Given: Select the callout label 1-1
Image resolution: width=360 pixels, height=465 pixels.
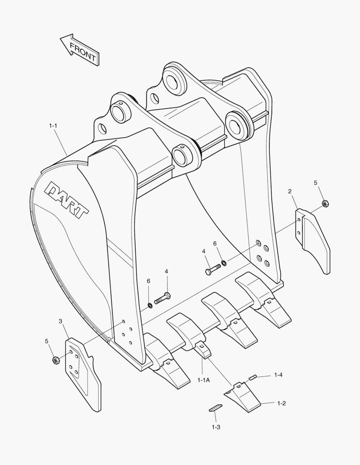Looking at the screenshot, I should click(53, 126).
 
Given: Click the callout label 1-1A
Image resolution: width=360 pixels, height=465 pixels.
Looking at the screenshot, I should click(203, 380).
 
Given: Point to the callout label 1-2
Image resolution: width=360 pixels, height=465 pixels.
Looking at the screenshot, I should click(282, 403).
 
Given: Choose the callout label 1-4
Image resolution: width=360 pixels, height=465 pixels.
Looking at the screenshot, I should click(278, 375).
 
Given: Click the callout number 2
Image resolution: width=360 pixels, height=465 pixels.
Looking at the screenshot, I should click(290, 191).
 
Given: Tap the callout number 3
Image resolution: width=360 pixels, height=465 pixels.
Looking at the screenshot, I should click(60, 321).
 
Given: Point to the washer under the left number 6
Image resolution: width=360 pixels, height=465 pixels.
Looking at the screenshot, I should click(150, 305).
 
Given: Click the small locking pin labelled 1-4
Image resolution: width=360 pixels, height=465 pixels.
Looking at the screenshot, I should click(253, 378).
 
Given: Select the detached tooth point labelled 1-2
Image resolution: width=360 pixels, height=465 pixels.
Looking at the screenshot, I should click(242, 397).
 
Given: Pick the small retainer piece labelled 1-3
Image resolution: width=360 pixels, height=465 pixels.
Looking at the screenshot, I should click(215, 407).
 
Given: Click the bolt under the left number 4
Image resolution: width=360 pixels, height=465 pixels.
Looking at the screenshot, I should click(162, 298).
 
